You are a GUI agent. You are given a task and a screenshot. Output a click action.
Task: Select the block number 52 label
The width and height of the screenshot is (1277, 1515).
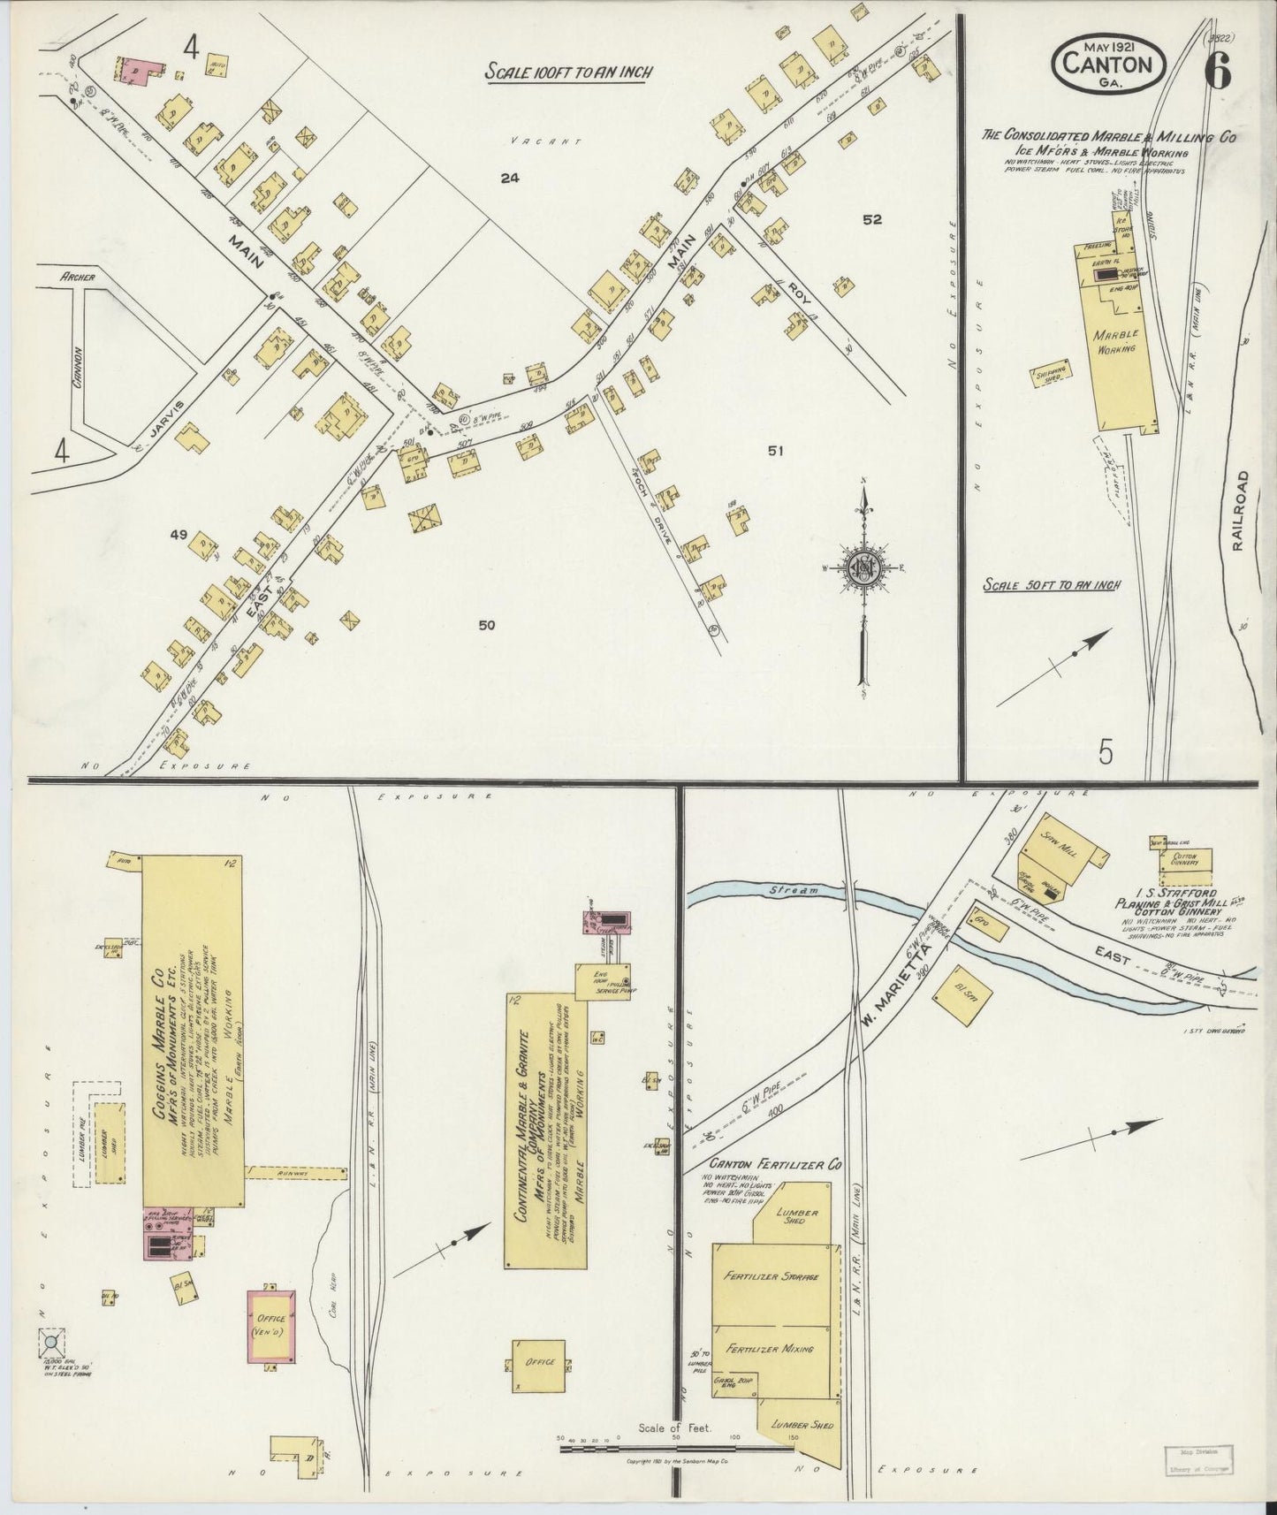tap(871, 220)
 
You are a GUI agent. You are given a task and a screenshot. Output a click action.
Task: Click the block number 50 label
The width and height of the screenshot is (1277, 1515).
tap(486, 625)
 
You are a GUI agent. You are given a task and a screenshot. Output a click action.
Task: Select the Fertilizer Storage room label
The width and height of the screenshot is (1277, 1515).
tap(772, 1277)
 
